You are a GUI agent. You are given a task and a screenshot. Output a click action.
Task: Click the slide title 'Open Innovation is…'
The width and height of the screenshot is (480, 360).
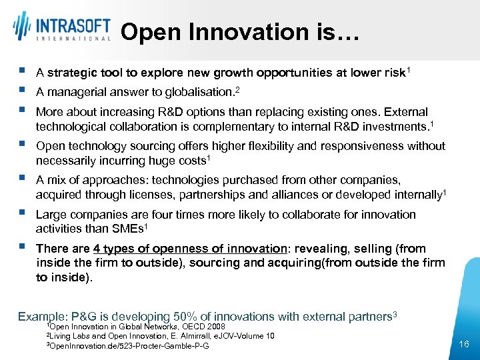pyautogui.click(x=240, y=32)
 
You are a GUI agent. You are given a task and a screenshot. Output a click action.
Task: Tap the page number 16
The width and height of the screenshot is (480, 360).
pyautogui.click(x=465, y=343)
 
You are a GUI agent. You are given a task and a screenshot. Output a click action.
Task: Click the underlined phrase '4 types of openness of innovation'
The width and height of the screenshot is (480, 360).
pyautogui.click(x=189, y=249)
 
